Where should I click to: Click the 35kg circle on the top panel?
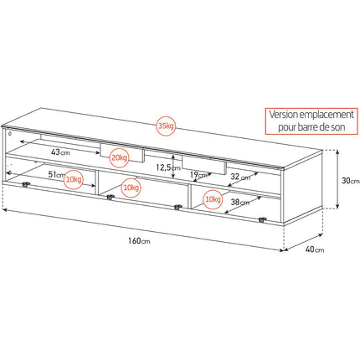[166, 126]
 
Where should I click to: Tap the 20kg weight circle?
[120, 157]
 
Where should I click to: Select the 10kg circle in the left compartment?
[74, 179]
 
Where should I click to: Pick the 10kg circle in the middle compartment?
[131, 188]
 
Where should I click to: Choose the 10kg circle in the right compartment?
[213, 199]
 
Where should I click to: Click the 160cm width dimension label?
[139, 241]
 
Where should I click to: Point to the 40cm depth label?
[315, 249]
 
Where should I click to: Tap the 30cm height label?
[351, 181]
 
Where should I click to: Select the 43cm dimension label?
[60, 152]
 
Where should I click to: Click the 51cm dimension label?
[56, 175]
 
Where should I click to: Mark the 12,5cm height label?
[168, 167]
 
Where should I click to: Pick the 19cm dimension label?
[198, 175]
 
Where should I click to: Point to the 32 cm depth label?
[240, 177]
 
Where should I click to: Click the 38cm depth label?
[240, 202]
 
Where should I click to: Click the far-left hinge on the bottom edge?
[26, 184]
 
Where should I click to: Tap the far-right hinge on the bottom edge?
[262, 219]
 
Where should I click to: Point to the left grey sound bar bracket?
[122, 153]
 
